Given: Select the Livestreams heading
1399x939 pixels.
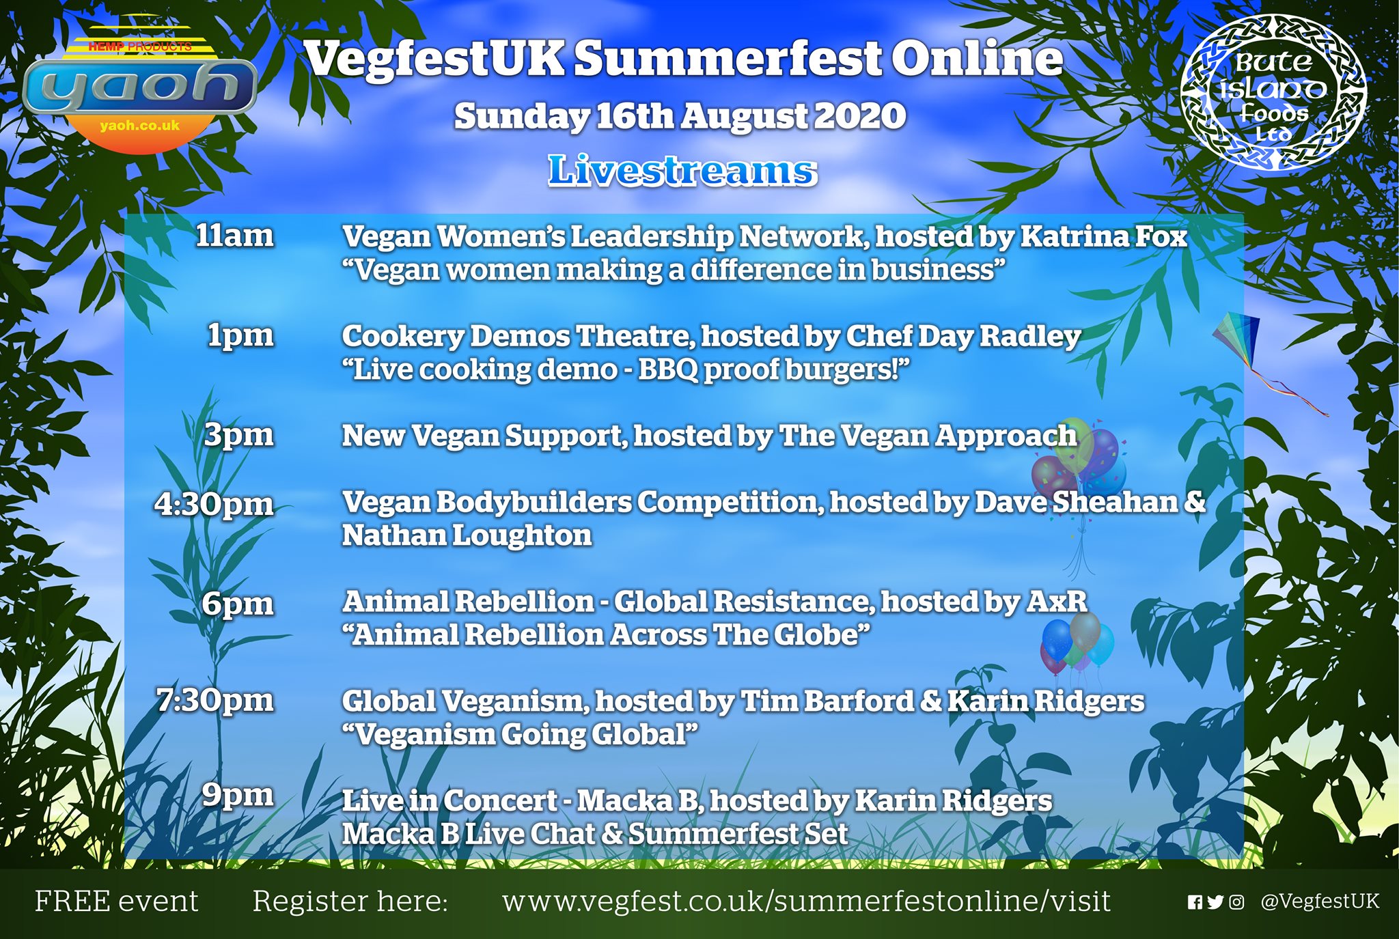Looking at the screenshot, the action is (x=682, y=170).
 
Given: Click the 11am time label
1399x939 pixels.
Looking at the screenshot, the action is (x=234, y=236).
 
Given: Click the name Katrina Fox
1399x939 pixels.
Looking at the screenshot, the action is (x=1104, y=236).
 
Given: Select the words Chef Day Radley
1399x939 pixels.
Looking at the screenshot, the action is (x=963, y=337).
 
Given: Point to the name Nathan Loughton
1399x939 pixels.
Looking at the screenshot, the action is (x=467, y=535).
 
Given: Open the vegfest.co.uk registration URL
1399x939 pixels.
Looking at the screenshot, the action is (x=807, y=901).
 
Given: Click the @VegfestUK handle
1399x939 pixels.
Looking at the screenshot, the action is (x=1320, y=901).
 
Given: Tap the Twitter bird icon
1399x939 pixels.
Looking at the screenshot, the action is (x=1215, y=903).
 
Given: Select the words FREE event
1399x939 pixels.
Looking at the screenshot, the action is (x=117, y=901).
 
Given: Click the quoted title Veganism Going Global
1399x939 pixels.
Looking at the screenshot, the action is (x=521, y=735).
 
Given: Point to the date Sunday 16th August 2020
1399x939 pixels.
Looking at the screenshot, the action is (x=680, y=116).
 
